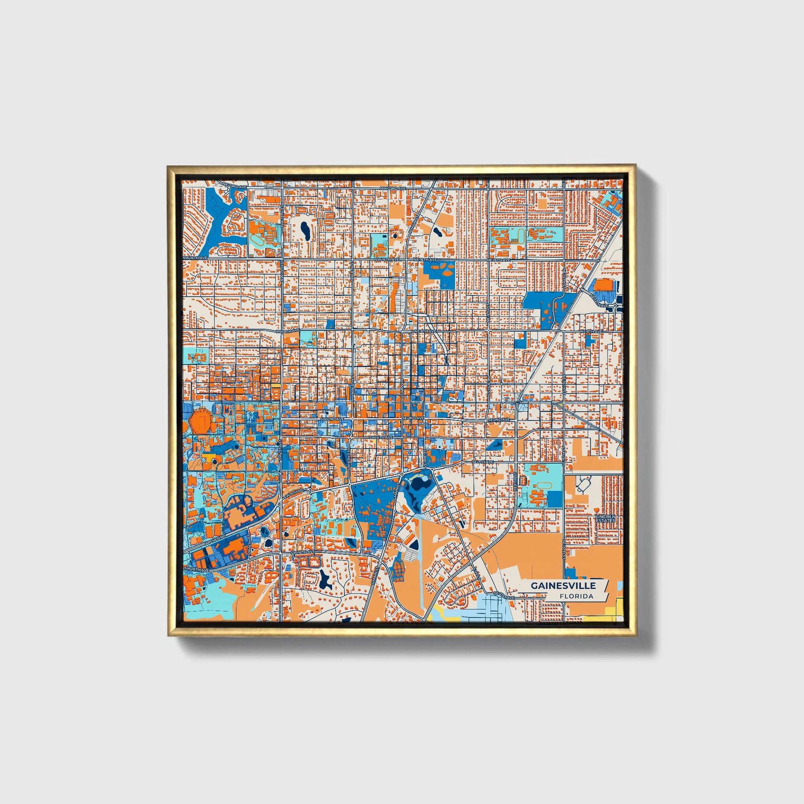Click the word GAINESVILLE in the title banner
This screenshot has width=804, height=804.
pos(563,585)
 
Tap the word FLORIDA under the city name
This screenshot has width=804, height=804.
pos(576,596)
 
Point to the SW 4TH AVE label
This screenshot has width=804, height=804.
pos(381,438)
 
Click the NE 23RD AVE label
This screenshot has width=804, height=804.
pos(235,186)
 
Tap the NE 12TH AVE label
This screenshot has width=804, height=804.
pos(601,298)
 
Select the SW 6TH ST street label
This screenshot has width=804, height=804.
pos(349,462)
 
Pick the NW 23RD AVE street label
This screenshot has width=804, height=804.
pos(392,188)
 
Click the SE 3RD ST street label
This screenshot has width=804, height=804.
pos(425,456)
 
